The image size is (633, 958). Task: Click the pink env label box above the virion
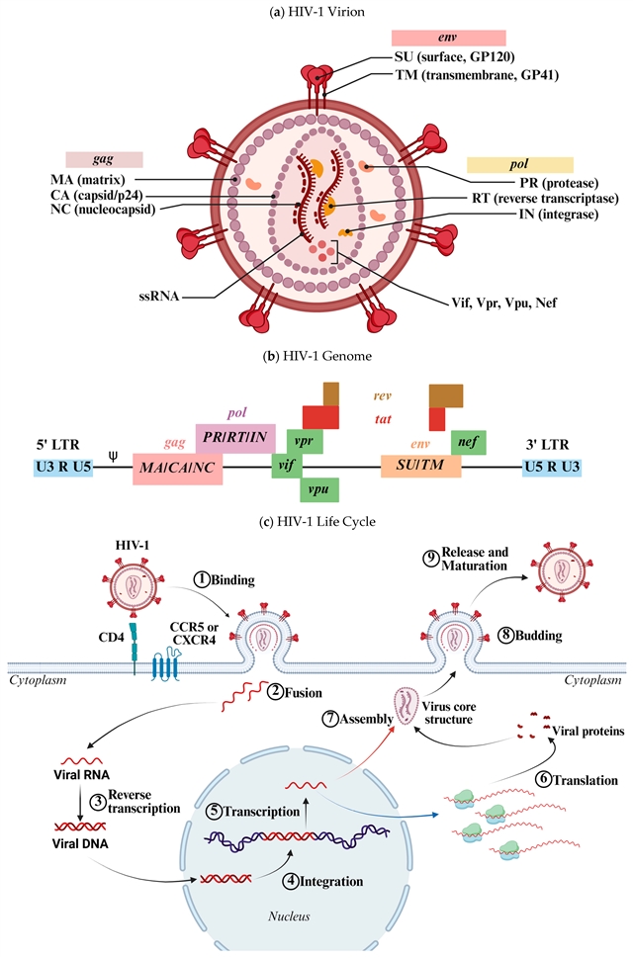point(462,38)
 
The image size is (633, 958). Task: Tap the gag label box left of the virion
point(105,159)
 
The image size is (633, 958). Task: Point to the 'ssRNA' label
point(159,295)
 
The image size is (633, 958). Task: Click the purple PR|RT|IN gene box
point(235,434)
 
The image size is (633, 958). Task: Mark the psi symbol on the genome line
point(112,457)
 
